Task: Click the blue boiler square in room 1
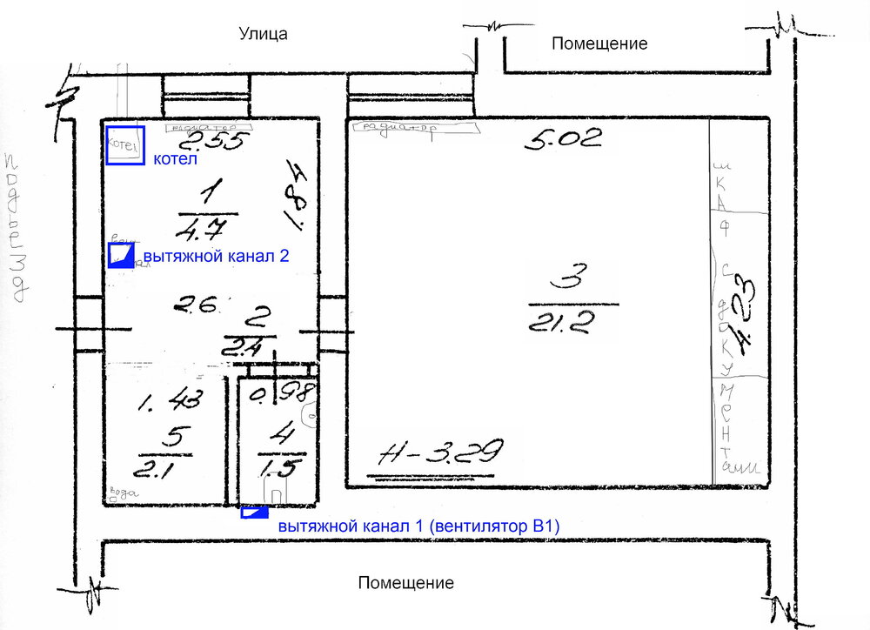click(124, 144)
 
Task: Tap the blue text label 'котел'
click(176, 160)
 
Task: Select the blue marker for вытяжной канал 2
click(120, 255)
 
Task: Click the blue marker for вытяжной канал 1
click(253, 512)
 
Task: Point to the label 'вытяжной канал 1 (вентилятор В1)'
click(418, 526)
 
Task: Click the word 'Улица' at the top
click(263, 34)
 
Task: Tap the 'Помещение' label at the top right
click(599, 44)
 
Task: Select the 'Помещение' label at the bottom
click(405, 583)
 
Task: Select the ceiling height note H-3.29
click(442, 453)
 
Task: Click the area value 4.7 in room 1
click(201, 231)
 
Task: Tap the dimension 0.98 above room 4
click(280, 395)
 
